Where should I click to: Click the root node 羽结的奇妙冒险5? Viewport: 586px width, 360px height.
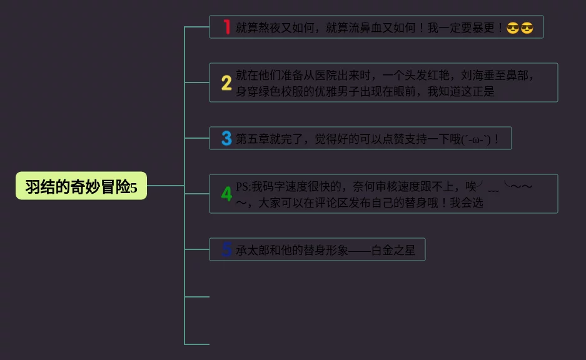click(81, 186)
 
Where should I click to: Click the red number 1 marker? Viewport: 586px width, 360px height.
click(226, 27)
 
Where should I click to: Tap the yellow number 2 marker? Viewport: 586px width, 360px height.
click(226, 82)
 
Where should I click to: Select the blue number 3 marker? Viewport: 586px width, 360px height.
click(226, 138)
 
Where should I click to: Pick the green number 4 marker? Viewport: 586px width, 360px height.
click(226, 194)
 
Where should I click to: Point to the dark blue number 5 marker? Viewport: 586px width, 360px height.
click(226, 249)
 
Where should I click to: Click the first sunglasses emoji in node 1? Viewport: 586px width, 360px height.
click(513, 28)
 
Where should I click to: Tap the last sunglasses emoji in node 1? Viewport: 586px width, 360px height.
click(527, 28)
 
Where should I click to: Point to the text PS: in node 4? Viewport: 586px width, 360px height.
click(243, 186)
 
